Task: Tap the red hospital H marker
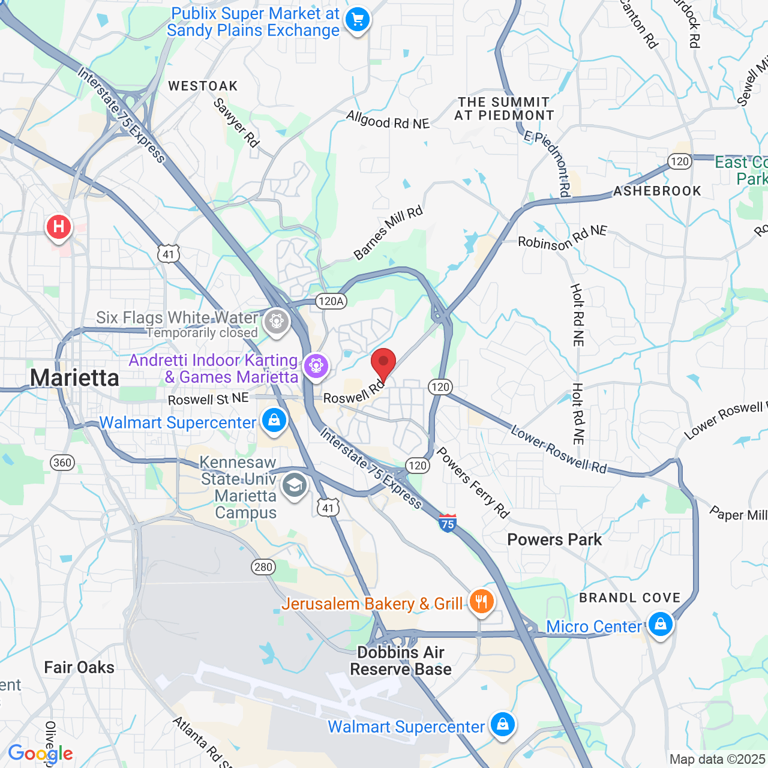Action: coord(59,227)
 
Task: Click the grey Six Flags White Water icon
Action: coord(277,322)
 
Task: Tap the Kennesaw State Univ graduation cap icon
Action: coord(295,485)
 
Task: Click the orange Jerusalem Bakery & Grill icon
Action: coord(481,601)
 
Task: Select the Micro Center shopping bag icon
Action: coord(660,625)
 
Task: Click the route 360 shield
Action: coord(62,462)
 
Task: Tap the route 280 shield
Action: coord(263,567)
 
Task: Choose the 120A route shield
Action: coord(331,301)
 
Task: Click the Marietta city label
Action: coord(74,378)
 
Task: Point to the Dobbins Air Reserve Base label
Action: coord(401,661)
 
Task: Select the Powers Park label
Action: coord(554,539)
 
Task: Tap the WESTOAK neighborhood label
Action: coord(203,86)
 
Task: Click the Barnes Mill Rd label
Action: coord(388,233)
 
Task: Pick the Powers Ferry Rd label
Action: coord(473,482)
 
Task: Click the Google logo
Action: coord(40,754)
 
